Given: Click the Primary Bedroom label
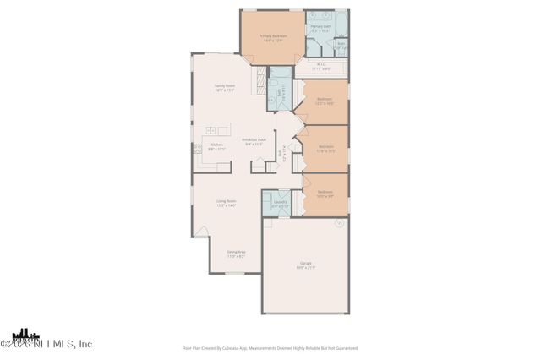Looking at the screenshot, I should [273, 37].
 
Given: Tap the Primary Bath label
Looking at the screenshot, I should [320, 28].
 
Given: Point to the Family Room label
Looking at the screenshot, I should [224, 86].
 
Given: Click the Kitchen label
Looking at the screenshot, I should [216, 145].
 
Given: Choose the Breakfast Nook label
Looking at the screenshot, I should [254, 141].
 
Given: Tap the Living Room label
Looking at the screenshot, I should [226, 203].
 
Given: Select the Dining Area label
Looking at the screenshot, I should [236, 254].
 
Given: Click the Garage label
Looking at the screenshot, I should [305, 265].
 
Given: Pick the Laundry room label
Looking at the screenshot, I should [280, 203].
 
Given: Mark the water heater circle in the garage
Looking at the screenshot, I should [338, 223].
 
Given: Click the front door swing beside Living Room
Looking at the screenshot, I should [200, 231].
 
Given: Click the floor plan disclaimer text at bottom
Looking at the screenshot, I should [270, 347].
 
